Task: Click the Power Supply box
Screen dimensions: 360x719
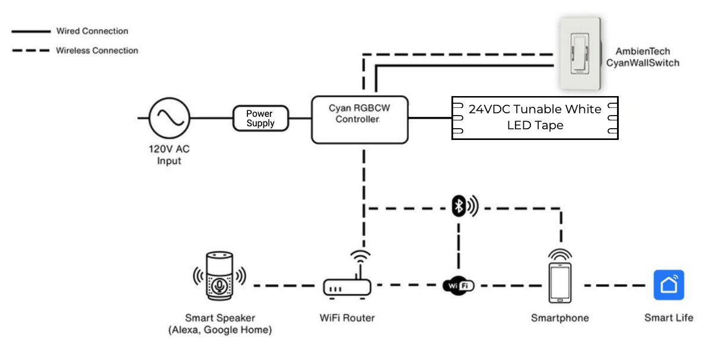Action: pyautogui.click(x=260, y=118)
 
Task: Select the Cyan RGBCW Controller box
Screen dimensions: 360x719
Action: pyautogui.click(x=360, y=119)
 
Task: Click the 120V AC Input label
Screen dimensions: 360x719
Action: pyautogui.click(x=169, y=156)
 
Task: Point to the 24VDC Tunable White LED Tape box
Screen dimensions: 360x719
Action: pyautogui.click(x=535, y=117)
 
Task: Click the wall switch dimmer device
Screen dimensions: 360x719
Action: pyautogui.click(x=581, y=53)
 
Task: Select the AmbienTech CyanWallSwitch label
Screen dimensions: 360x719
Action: pyautogui.click(x=642, y=57)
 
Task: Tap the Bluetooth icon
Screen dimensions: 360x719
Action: pyautogui.click(x=459, y=206)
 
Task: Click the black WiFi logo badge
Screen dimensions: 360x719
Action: pyautogui.click(x=459, y=286)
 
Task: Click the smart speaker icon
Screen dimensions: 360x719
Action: pyautogui.click(x=220, y=276)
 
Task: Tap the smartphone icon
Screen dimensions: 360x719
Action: pyautogui.click(x=560, y=282)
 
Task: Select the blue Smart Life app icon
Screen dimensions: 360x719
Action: pyautogui.click(x=669, y=285)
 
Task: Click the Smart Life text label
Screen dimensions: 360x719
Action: pyautogui.click(x=669, y=318)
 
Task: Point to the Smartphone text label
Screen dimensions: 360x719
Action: pyautogui.click(x=560, y=318)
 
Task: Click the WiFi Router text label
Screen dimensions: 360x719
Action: pyautogui.click(x=347, y=318)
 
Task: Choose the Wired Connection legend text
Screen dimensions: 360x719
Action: pyautogui.click(x=92, y=31)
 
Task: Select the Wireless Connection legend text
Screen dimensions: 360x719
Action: pyautogui.click(x=97, y=50)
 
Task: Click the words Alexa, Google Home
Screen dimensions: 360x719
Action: pyautogui.click(x=220, y=330)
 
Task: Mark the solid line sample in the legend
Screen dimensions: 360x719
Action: pyautogui.click(x=31, y=31)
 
